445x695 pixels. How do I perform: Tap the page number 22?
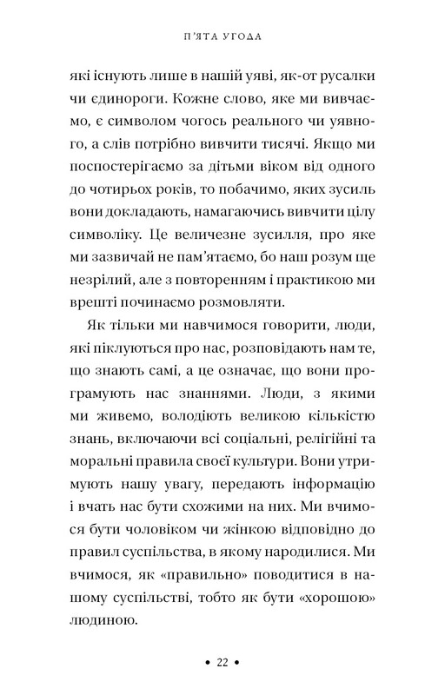(222, 662)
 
